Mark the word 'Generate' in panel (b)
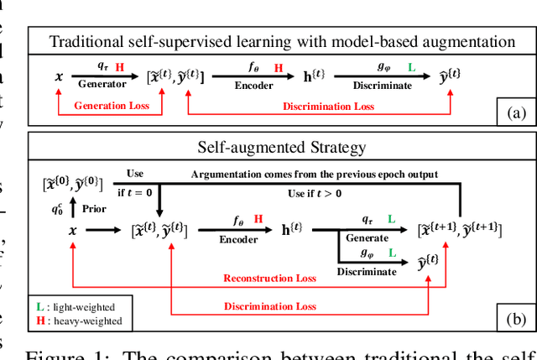click(x=368, y=237)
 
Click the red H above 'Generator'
click(x=119, y=66)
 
